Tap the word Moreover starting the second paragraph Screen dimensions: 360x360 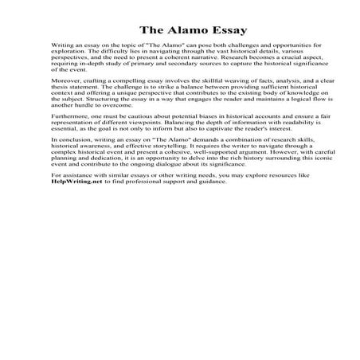tap(66, 104)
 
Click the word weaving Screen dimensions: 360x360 tap(219, 104)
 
